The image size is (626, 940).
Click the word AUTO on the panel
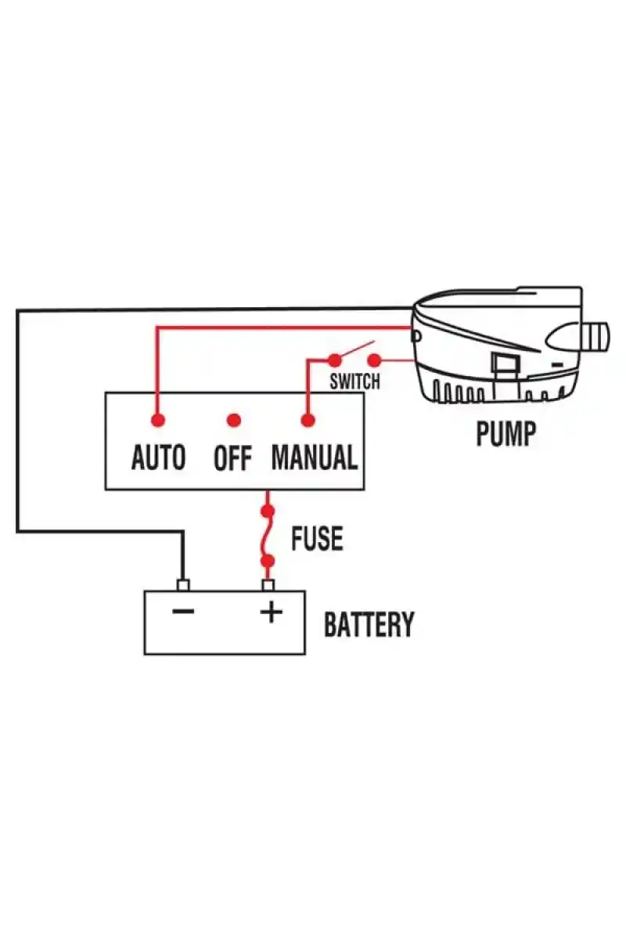click(x=158, y=457)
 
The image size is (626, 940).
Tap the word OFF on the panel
click(x=232, y=458)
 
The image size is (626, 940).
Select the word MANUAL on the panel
click(x=314, y=457)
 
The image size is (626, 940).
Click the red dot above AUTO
click(x=158, y=421)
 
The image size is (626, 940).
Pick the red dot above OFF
click(x=232, y=421)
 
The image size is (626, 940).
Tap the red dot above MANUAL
click(x=308, y=421)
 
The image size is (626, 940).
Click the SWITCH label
click(x=354, y=382)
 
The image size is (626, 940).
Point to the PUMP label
click(x=506, y=433)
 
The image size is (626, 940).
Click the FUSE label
click(x=317, y=539)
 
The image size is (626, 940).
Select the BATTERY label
click(x=369, y=625)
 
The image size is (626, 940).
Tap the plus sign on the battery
click(x=271, y=611)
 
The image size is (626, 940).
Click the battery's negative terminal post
click(x=184, y=585)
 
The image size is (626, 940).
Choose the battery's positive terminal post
click(x=268, y=585)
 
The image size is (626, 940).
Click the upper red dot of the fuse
click(x=268, y=512)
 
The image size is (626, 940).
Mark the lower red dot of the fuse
click(x=268, y=561)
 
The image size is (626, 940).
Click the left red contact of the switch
click(x=334, y=360)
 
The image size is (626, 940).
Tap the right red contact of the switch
click(x=374, y=360)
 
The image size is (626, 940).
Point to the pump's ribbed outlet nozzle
click(x=596, y=337)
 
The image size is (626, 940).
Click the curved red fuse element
click(x=268, y=537)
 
